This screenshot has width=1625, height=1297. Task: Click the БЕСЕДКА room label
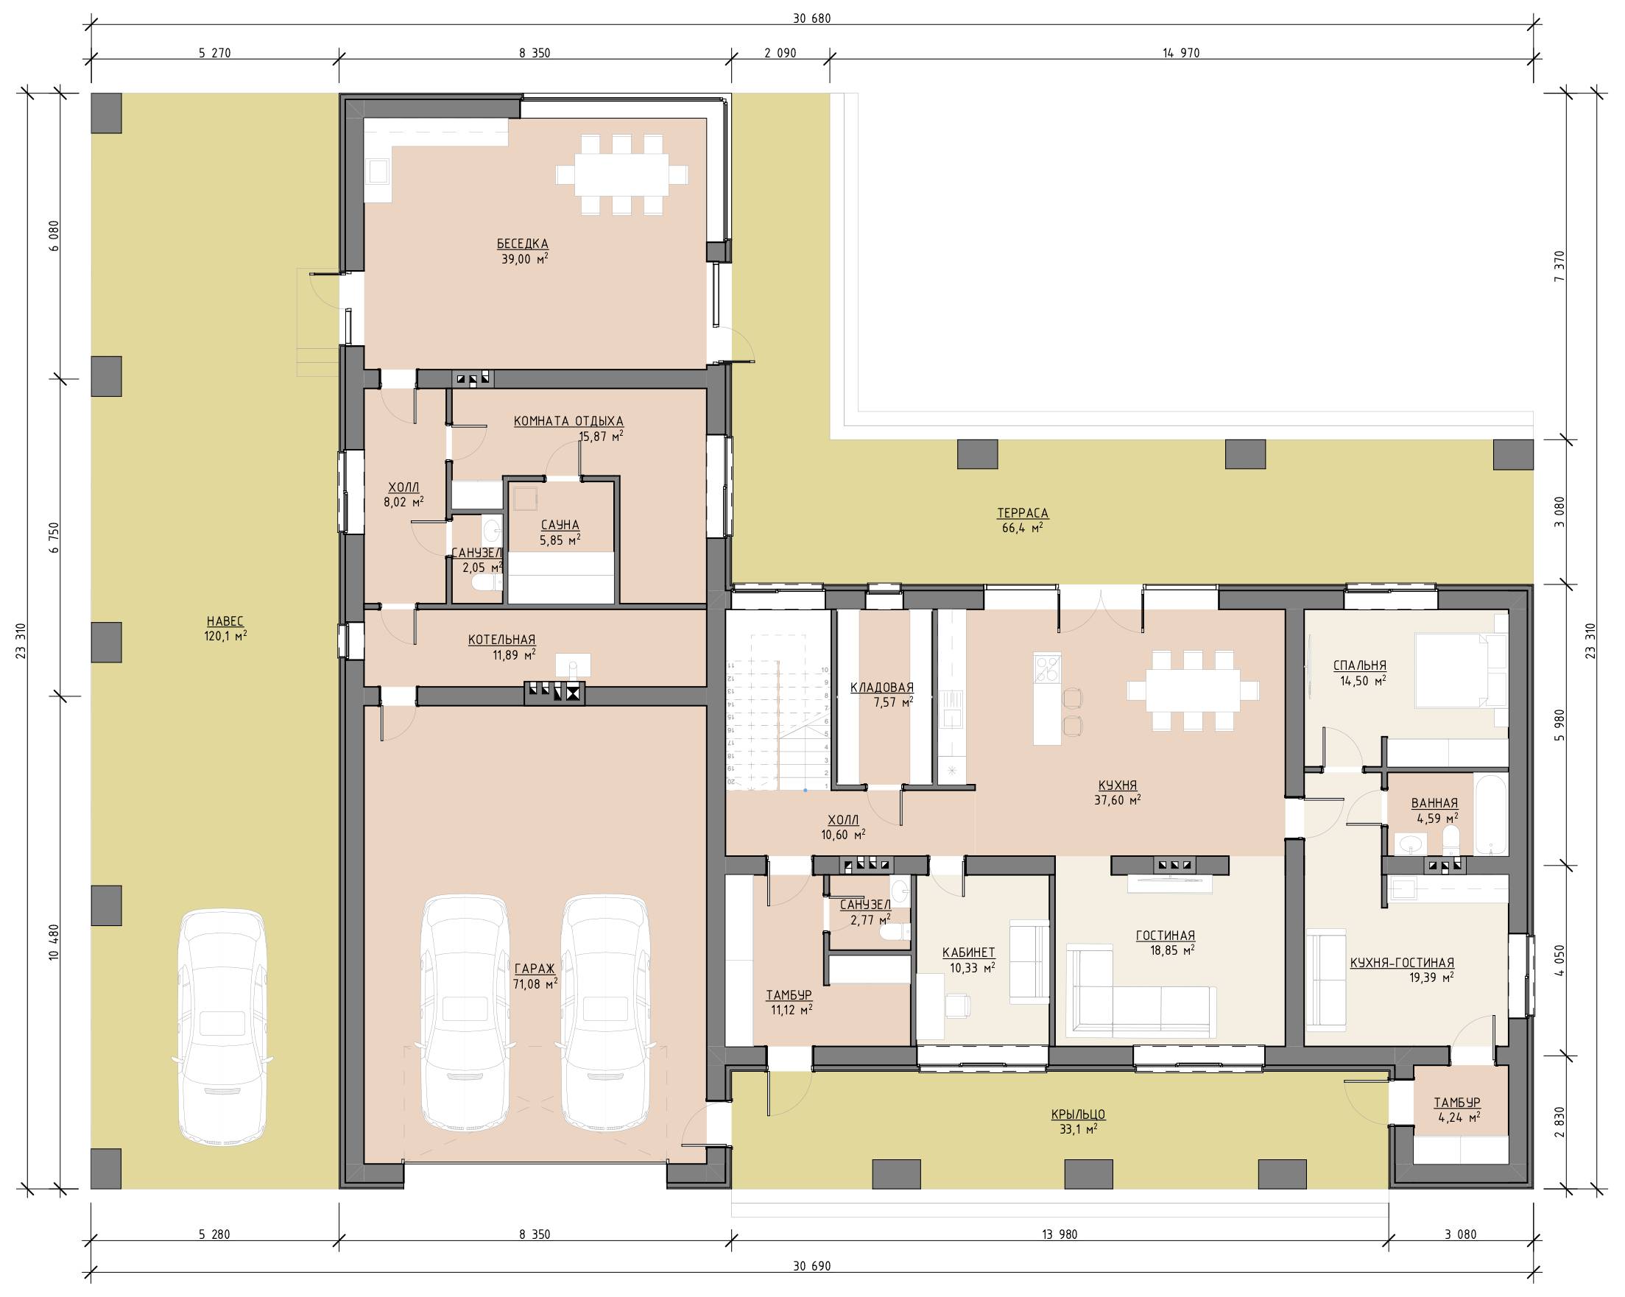click(522, 244)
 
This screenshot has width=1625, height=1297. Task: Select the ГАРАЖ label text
click(535, 969)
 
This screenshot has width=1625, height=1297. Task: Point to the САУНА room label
click(560, 525)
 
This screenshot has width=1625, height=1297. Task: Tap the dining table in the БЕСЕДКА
click(622, 175)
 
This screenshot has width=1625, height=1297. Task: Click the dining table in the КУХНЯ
click(1193, 690)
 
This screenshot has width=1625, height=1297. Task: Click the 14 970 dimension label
click(1181, 53)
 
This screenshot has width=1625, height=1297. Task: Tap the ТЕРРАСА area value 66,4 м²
click(1023, 529)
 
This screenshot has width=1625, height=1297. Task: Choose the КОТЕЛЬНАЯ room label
click(502, 640)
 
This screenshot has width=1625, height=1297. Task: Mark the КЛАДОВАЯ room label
click(882, 688)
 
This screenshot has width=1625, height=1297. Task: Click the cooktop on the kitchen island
click(1048, 668)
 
